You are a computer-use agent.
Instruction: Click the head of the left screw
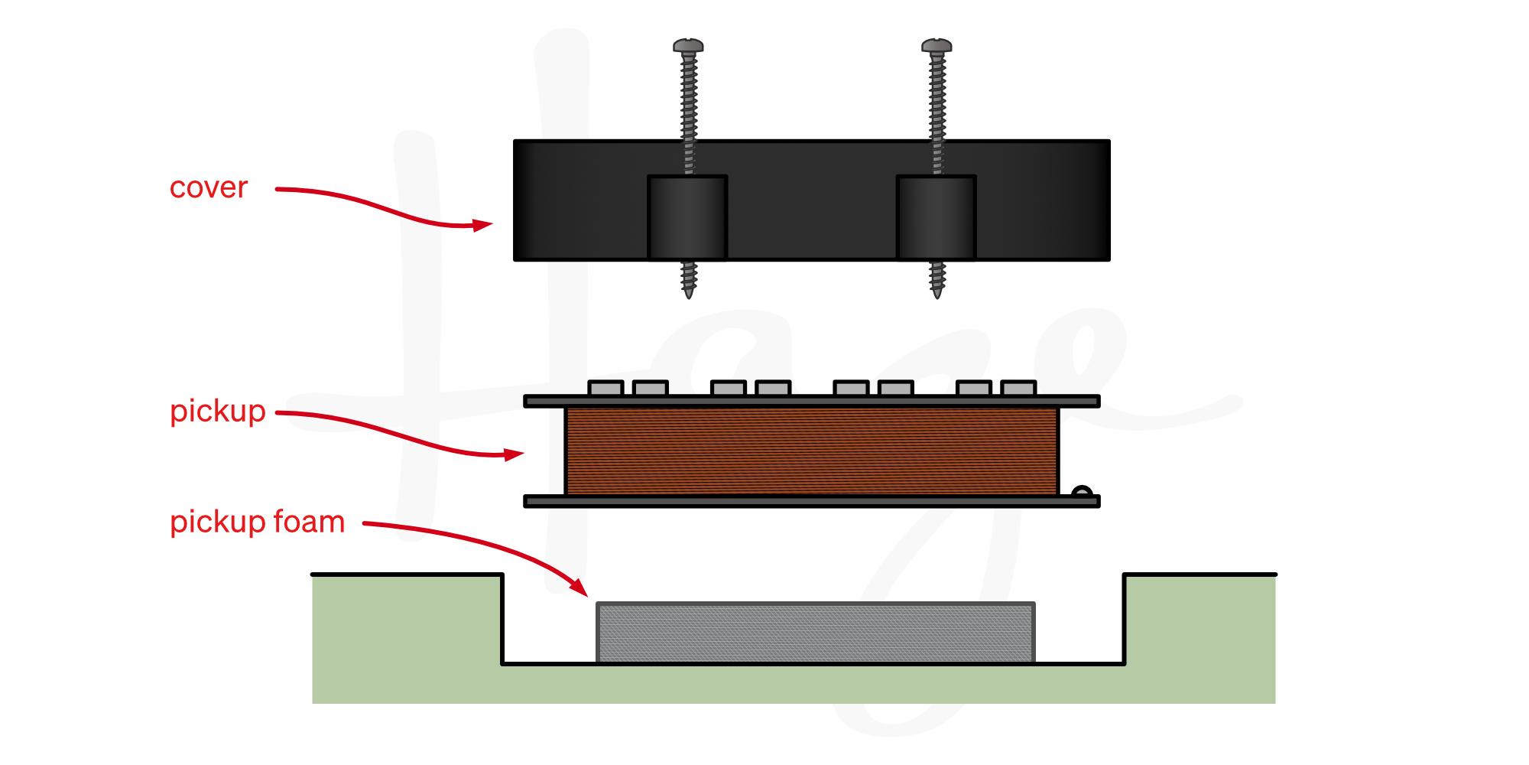click(688, 45)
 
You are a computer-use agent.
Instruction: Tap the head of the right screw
click(937, 45)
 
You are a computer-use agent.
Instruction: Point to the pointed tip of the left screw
click(688, 293)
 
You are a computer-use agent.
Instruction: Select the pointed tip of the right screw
click(937, 293)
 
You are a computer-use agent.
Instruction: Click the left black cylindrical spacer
click(687, 217)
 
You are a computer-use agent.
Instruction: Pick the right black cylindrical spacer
click(936, 217)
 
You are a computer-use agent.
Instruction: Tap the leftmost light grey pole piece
click(605, 389)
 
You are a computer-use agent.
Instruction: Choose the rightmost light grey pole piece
click(1018, 389)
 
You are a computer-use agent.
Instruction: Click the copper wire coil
click(811, 451)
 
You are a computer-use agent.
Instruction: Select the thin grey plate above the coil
click(811, 401)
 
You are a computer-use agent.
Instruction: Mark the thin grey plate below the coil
click(811, 501)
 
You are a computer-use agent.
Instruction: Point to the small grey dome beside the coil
click(1082, 493)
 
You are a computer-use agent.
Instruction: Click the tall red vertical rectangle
click(479, 305)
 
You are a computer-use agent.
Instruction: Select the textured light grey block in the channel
click(815, 633)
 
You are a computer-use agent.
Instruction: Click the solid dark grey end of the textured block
click(1076, 633)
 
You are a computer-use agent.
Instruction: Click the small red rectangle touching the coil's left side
click(527, 455)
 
